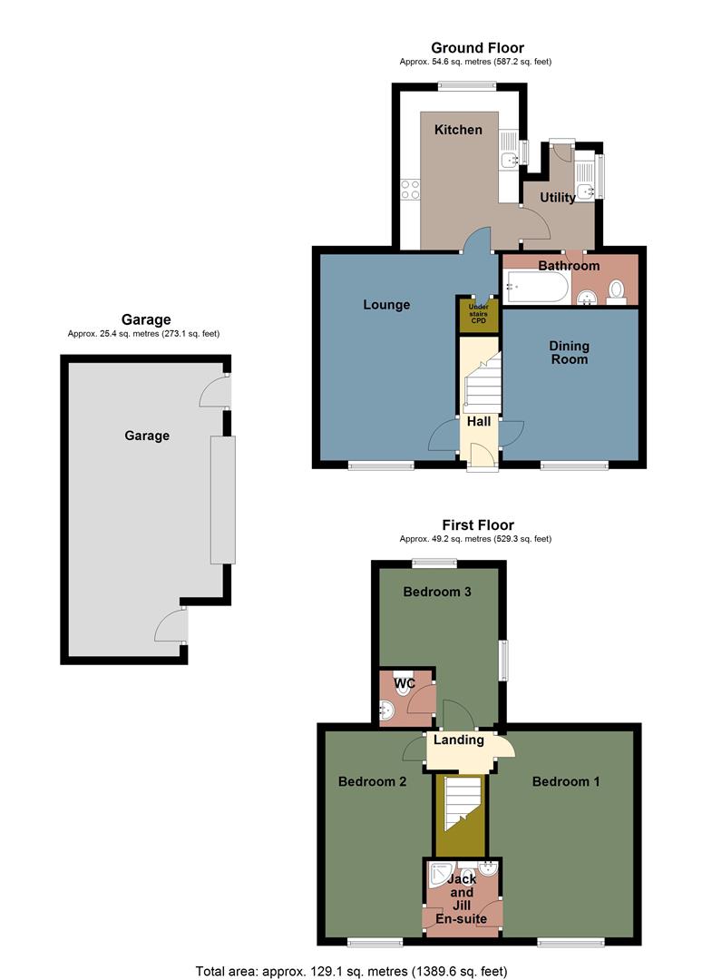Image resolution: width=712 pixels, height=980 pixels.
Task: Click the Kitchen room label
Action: pos(458,130)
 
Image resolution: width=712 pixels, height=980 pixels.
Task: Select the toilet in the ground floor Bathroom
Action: pos(617,290)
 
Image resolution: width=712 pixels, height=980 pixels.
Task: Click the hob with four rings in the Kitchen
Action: pos(410,190)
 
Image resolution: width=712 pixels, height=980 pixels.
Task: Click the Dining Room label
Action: pos(569,352)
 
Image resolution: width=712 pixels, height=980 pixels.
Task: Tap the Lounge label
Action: pos(386,305)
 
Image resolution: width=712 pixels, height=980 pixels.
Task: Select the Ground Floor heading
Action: pos(477,48)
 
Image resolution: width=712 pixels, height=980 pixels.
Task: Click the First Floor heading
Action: pos(477,524)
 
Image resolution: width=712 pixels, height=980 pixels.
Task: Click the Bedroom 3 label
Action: pos(437,593)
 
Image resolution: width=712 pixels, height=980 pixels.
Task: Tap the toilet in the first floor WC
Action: pos(403,686)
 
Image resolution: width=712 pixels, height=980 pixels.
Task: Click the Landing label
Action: pos(459,740)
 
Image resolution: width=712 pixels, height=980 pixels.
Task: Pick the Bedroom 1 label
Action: pos(566,781)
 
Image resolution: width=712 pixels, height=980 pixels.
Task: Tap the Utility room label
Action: pos(558,197)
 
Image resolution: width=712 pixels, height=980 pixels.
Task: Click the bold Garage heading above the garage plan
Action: pos(146,319)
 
